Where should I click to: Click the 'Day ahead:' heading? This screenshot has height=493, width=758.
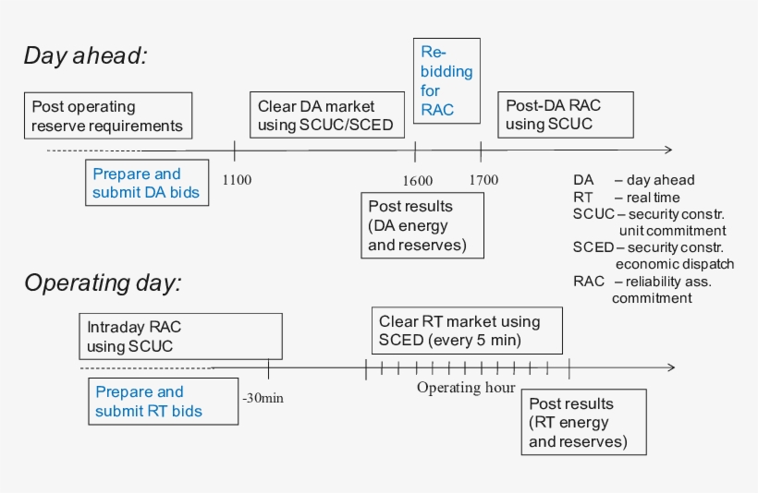pyautogui.click(x=85, y=55)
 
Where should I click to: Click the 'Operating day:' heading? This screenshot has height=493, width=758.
pyautogui.click(x=102, y=283)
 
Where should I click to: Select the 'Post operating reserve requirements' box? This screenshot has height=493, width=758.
pyautogui.click(x=108, y=115)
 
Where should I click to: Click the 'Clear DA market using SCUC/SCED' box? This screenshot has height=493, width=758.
pyautogui.click(x=325, y=115)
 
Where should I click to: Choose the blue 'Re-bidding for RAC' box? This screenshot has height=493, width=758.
pyautogui.click(x=446, y=80)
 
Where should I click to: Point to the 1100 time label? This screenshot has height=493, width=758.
pyautogui.click(x=237, y=180)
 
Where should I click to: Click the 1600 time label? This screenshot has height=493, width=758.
pyautogui.click(x=417, y=180)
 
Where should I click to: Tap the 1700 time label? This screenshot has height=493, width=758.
pyautogui.click(x=483, y=180)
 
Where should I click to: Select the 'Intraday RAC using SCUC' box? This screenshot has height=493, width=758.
pyautogui.click(x=180, y=336)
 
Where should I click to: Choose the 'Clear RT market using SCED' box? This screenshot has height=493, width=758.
pyautogui.click(x=466, y=331)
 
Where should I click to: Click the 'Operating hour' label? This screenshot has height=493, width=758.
pyautogui.click(x=465, y=388)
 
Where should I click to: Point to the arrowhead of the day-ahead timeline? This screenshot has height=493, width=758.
pyautogui.click(x=666, y=150)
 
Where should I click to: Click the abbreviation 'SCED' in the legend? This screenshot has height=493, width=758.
pyautogui.click(x=593, y=247)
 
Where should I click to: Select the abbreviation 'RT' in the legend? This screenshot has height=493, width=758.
pyautogui.click(x=582, y=198)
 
